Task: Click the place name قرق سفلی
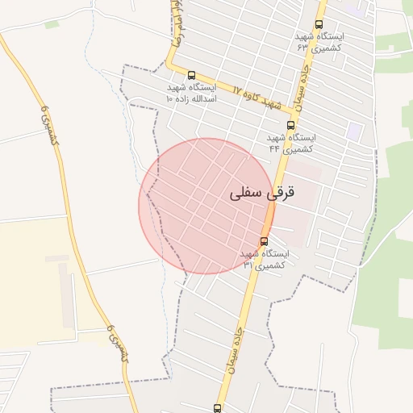click(263, 193)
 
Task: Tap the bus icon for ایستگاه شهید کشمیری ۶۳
click(319, 24)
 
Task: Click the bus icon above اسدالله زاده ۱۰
click(191, 75)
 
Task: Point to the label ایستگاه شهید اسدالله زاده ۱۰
click(191, 92)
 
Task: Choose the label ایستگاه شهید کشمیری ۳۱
click(264, 259)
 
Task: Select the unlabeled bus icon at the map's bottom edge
click(217, 408)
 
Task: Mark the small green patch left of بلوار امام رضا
click(52, 24)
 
